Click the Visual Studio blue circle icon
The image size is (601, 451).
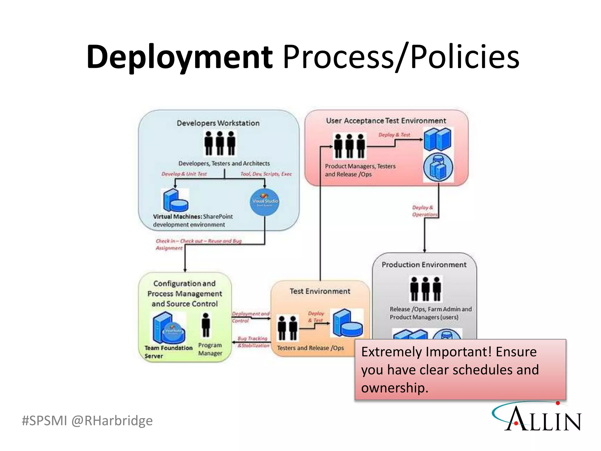coord(265,202)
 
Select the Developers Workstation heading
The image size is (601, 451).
coord(218,123)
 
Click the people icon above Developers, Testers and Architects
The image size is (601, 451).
coord(220,143)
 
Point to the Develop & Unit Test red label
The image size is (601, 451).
coord(184,174)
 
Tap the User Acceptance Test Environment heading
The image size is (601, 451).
coord(386,121)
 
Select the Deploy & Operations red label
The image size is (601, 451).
coord(424,211)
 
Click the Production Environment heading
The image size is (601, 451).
coord(424,265)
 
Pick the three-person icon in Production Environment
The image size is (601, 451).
coord(426,288)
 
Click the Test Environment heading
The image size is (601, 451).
coord(320,291)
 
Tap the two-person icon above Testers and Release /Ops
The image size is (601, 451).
coord(288,328)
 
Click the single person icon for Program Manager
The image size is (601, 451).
coord(206,325)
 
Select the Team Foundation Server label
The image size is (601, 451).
coord(168,351)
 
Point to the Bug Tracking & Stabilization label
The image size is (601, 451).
coord(253,342)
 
